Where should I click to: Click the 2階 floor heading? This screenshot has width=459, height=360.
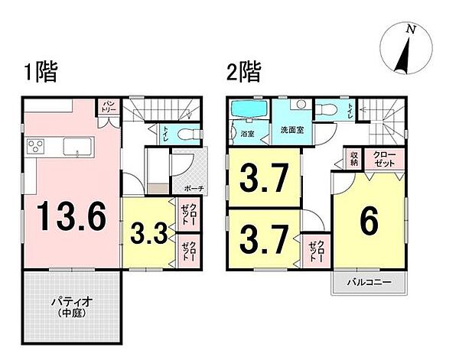(243, 73)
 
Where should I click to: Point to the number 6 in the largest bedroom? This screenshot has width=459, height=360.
(368, 223)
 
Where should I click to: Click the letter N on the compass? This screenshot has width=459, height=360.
(411, 30)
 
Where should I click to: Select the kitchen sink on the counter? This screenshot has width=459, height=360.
(76, 145)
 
